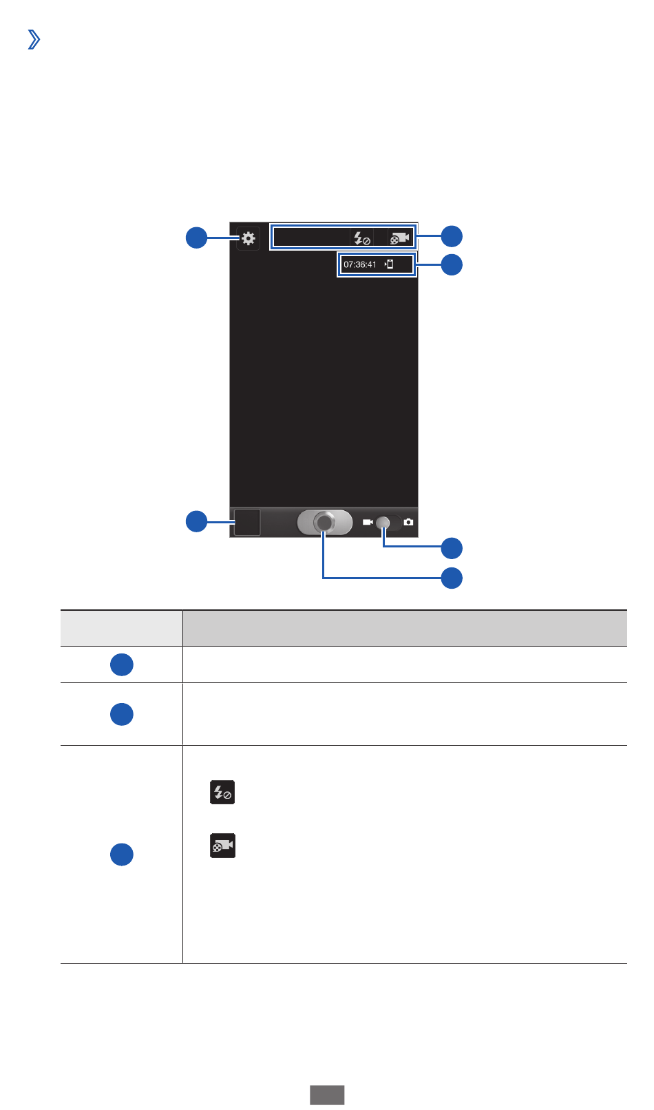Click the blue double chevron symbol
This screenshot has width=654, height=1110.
click(x=33, y=41)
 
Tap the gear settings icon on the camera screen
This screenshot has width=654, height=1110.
click(x=248, y=238)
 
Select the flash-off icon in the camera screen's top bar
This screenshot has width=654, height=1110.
click(x=361, y=238)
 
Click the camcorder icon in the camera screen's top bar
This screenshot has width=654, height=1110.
click(x=400, y=238)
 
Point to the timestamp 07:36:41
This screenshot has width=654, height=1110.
click(x=360, y=264)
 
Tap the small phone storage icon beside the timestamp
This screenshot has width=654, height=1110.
click(x=389, y=264)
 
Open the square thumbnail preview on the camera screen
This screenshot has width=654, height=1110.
click(x=247, y=522)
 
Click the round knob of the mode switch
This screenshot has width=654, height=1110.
click(x=384, y=523)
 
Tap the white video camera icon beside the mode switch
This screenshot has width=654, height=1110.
click(x=368, y=523)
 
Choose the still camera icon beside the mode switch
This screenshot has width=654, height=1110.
click(x=409, y=523)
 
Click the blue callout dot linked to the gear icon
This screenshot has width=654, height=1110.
click(x=197, y=238)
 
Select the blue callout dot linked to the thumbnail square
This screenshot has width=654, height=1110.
click(x=197, y=521)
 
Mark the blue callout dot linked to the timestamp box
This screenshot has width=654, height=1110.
click(x=452, y=264)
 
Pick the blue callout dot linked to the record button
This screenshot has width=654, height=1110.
click(x=452, y=577)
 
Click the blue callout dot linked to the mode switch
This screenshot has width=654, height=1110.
click(x=452, y=548)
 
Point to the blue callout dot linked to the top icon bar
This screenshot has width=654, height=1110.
click(x=452, y=236)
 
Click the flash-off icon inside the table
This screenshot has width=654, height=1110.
click(x=222, y=793)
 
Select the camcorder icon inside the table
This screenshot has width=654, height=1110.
click(x=222, y=846)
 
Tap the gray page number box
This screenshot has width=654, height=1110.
click(x=326, y=1095)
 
